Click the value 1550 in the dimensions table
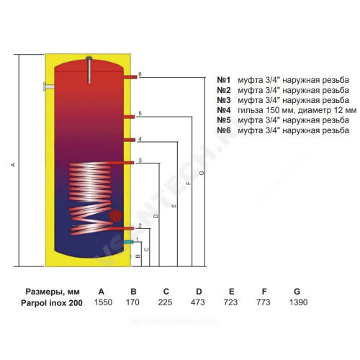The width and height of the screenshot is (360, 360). click(x=103, y=302)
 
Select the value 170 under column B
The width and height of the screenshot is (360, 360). click(x=132, y=302)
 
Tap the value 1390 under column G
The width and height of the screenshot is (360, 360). click(x=298, y=302)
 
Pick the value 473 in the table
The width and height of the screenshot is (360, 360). click(x=198, y=302)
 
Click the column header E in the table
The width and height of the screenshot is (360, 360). click(x=231, y=292)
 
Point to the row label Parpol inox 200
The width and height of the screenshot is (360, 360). click(x=52, y=303)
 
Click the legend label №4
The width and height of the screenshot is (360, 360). click(x=224, y=110)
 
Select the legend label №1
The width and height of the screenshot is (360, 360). click(x=224, y=80)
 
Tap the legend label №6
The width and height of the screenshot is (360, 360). click(x=224, y=130)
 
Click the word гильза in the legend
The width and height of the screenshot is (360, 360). click(x=251, y=110)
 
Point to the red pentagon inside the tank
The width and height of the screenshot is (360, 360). click(x=116, y=215)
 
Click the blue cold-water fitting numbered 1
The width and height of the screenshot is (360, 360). click(x=129, y=242)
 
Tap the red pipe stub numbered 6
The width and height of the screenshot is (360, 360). click(x=130, y=77)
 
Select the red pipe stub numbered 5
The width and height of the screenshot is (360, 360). click(x=129, y=117)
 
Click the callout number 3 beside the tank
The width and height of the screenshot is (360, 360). click(x=140, y=161)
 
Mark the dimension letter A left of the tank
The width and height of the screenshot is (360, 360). click(x=14, y=165)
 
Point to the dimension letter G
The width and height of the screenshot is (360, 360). click(x=202, y=173)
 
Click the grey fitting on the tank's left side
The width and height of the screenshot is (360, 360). click(x=49, y=86)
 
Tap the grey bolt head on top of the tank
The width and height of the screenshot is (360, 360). click(x=89, y=58)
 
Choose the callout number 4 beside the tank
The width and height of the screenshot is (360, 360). click(x=140, y=140)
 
